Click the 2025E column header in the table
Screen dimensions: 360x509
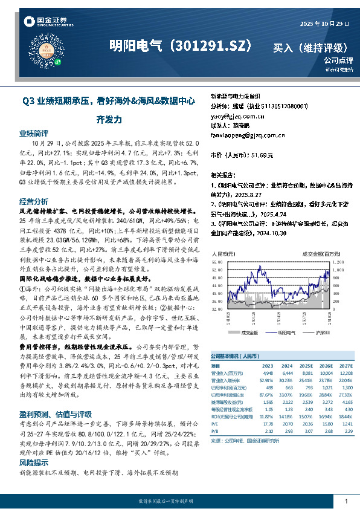point(307,366)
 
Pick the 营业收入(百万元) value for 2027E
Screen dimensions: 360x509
point(344,373)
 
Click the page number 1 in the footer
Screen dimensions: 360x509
point(346,501)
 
